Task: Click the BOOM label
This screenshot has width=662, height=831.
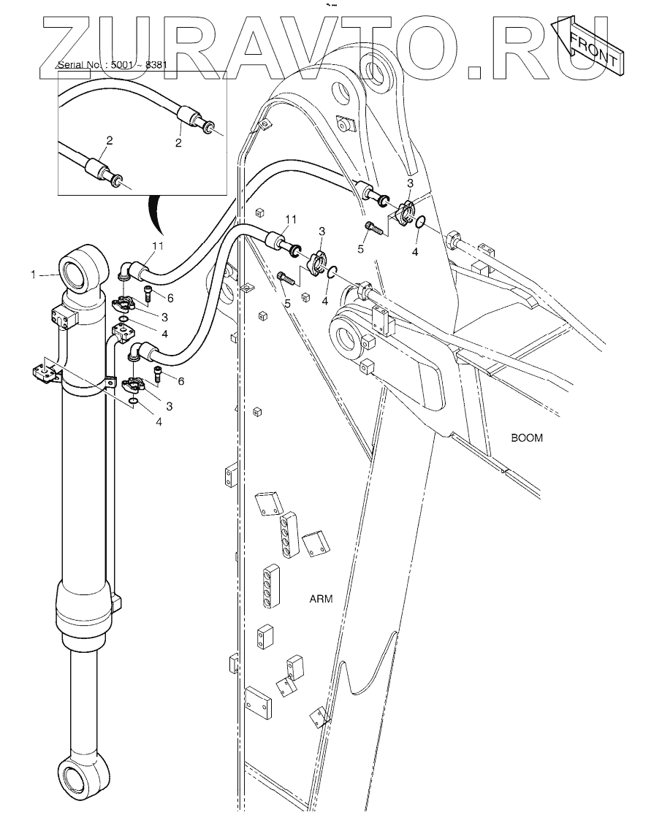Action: point(527,439)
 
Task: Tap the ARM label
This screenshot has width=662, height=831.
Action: point(321,600)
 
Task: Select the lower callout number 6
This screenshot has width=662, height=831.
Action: point(180,381)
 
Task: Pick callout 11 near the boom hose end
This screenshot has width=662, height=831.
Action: point(291,219)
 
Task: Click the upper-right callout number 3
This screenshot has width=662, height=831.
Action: point(410,183)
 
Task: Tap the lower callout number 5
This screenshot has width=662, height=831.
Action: point(287,302)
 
